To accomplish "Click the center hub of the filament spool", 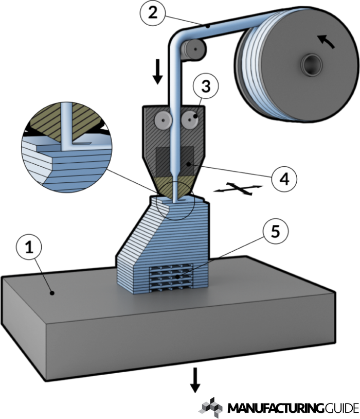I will pyautogui.click(x=312, y=65).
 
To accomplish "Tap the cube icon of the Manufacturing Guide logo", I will pyautogui.click(x=210, y=407).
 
